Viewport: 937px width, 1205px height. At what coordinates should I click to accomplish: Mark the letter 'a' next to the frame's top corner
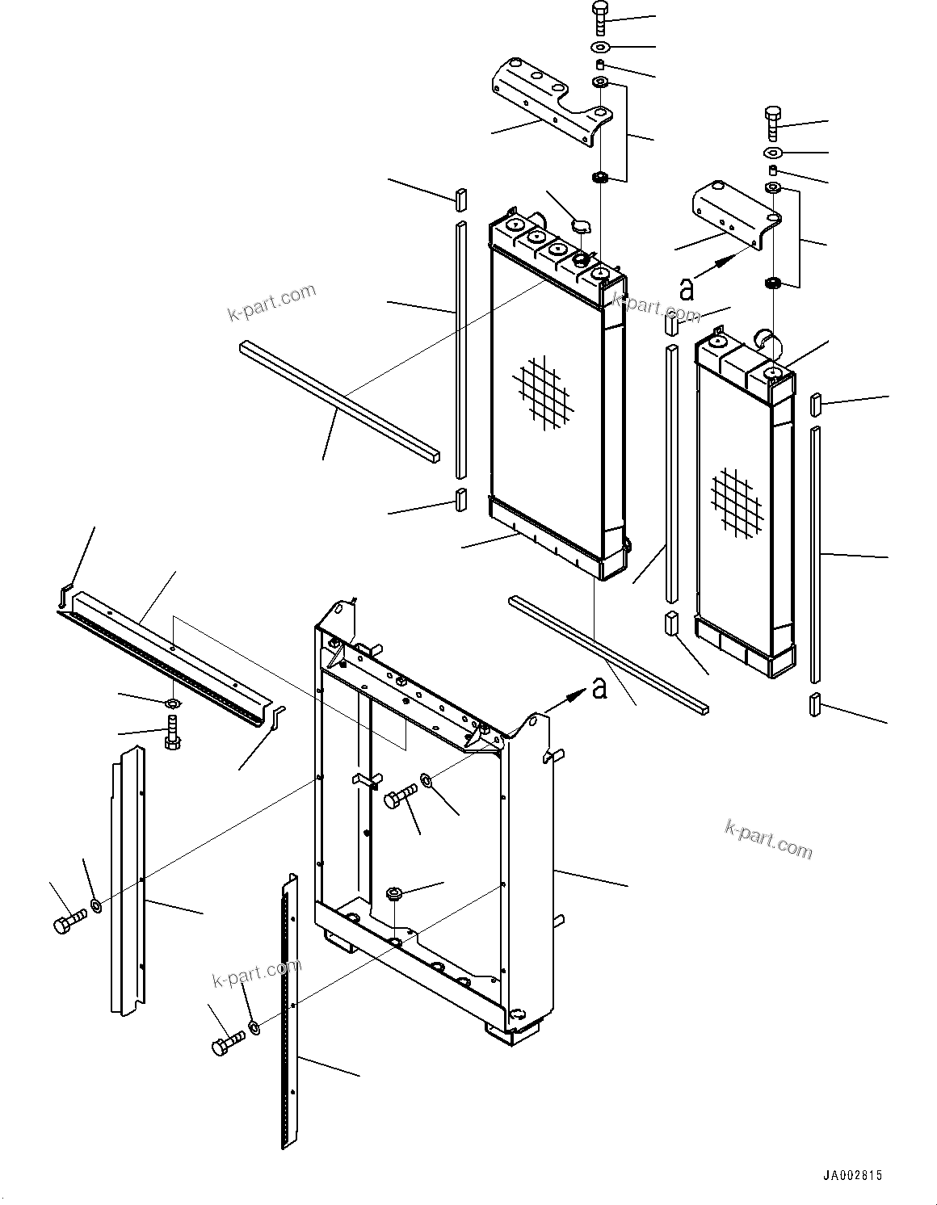[x=599, y=687]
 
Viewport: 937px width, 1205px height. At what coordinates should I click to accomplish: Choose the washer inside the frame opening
[x=426, y=781]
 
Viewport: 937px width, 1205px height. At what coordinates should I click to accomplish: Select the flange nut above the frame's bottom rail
[x=394, y=893]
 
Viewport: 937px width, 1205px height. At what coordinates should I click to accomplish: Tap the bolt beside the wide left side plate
[x=68, y=924]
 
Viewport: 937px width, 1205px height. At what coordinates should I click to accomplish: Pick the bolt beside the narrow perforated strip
[x=226, y=1045]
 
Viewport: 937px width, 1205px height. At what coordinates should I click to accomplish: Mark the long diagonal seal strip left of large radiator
[x=339, y=400]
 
